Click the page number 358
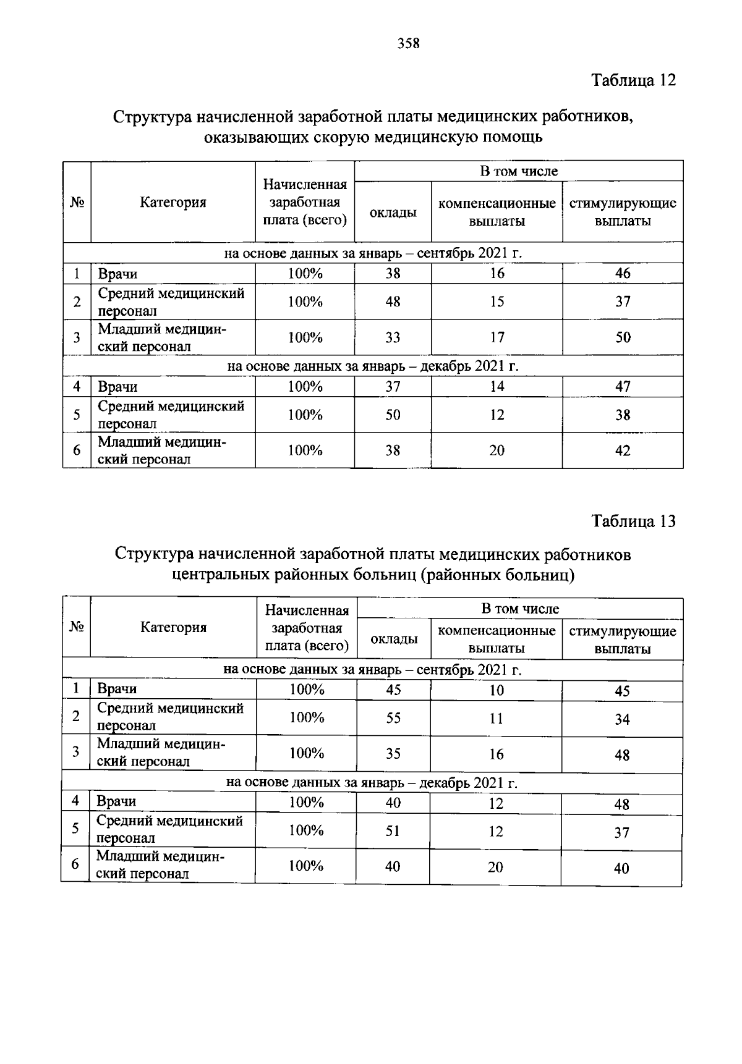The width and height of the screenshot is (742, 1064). (409, 43)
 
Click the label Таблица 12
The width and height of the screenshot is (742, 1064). (634, 80)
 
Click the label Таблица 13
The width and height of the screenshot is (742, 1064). (634, 521)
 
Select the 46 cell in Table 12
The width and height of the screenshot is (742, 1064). (623, 274)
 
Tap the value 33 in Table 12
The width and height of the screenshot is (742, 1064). (393, 337)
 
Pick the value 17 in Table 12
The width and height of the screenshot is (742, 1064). (497, 337)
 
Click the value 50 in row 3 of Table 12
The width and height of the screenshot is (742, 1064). (623, 337)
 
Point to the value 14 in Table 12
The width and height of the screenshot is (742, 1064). (497, 387)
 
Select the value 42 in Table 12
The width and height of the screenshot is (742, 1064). (623, 451)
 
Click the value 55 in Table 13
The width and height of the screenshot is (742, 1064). (393, 718)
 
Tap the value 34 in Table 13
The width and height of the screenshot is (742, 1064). (622, 719)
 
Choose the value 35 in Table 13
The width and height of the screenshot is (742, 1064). (393, 754)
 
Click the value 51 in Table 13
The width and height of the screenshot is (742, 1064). (393, 831)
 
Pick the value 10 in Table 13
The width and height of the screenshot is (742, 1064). (497, 691)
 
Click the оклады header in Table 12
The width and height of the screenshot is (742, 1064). (393, 213)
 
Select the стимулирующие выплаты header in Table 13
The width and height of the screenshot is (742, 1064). (623, 640)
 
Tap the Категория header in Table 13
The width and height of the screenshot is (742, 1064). (173, 628)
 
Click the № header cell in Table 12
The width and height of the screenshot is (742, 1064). (77, 202)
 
